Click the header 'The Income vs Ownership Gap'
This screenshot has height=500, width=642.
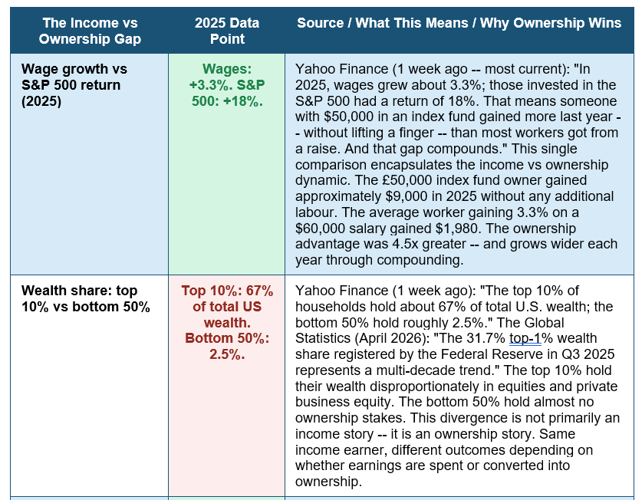[90, 31]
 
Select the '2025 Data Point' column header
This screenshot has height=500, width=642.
[227, 31]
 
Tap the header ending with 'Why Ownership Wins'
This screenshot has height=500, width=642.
[459, 23]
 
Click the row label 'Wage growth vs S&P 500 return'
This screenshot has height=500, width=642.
[74, 85]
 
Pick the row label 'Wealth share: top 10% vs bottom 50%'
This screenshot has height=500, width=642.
[86, 298]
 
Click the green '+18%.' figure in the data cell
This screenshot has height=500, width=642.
[243, 101]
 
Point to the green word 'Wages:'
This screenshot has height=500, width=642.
[227, 69]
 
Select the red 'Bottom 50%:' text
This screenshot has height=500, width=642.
[227, 338]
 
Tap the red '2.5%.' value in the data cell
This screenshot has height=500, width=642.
[227, 354]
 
